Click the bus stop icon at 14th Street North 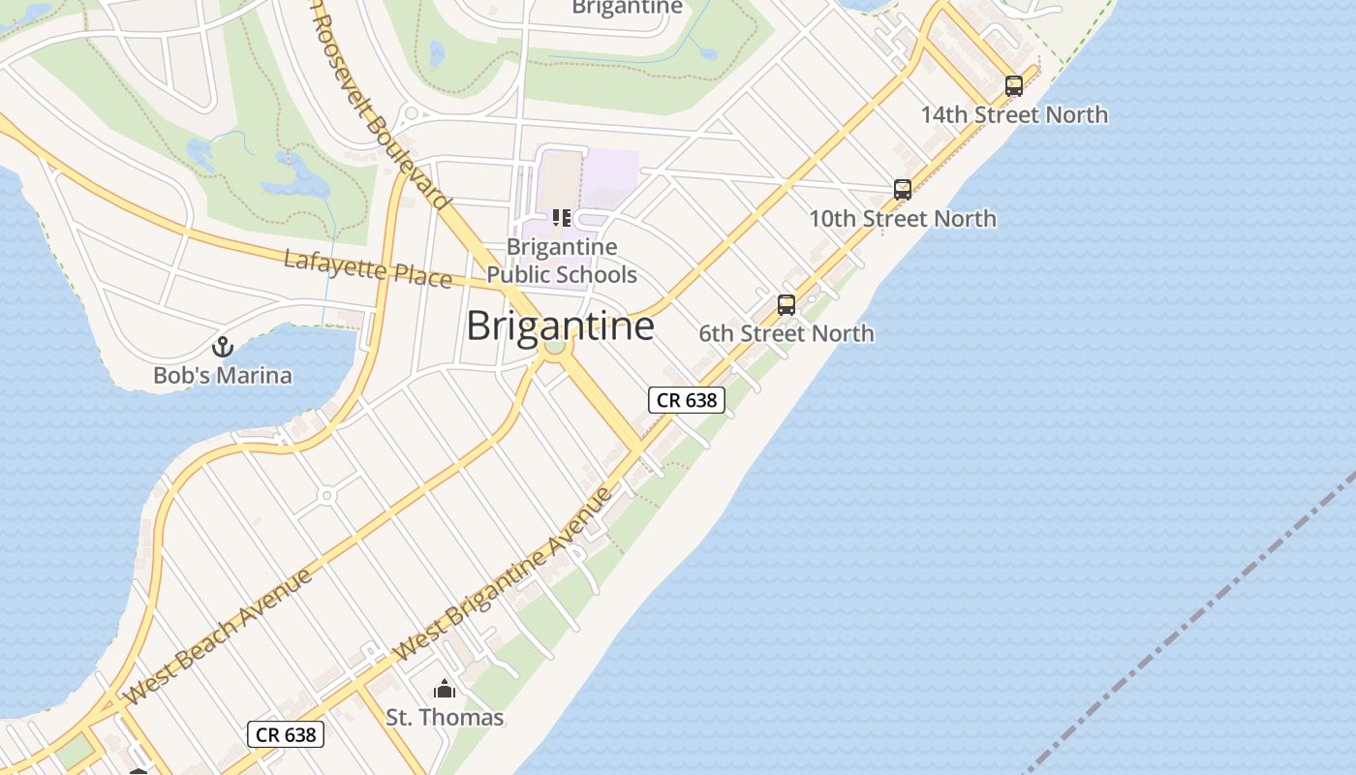(x=1014, y=85)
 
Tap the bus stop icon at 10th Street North (x=903, y=190)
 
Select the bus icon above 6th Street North (x=786, y=305)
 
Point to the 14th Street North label (x=1014, y=114)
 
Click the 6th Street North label (x=786, y=333)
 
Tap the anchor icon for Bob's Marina (x=223, y=346)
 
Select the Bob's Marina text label (x=223, y=375)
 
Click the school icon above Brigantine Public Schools (x=562, y=218)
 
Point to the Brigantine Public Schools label (x=562, y=261)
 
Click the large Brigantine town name (x=560, y=325)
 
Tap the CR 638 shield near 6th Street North (x=686, y=399)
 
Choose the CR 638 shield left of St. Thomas (x=286, y=734)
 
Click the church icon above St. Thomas (x=445, y=689)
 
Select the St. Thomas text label (x=445, y=718)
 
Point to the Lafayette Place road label (x=368, y=268)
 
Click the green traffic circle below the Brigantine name (x=554, y=345)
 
